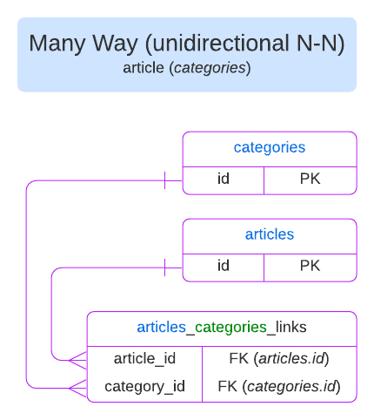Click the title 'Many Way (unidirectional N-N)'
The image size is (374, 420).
tap(187, 44)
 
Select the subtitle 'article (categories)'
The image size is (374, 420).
tap(187, 67)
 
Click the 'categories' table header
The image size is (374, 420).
tap(269, 147)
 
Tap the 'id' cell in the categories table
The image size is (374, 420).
tap(224, 180)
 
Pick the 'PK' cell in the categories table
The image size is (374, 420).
tap(311, 180)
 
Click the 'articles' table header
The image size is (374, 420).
tap(269, 234)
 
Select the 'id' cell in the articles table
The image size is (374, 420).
tap(224, 266)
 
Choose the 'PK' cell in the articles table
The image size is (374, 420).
tap(311, 266)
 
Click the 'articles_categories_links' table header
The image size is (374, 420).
tap(222, 328)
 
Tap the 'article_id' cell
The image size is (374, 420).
tap(144, 358)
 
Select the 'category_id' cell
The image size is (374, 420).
tap(144, 386)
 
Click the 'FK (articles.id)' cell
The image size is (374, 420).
tap(278, 358)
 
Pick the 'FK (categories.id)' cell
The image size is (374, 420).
tap(278, 386)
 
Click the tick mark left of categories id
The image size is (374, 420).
tap(164, 180)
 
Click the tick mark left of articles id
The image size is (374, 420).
tap(164, 267)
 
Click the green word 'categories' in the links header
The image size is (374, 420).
tap(230, 328)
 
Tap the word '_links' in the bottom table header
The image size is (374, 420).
tap(286, 328)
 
